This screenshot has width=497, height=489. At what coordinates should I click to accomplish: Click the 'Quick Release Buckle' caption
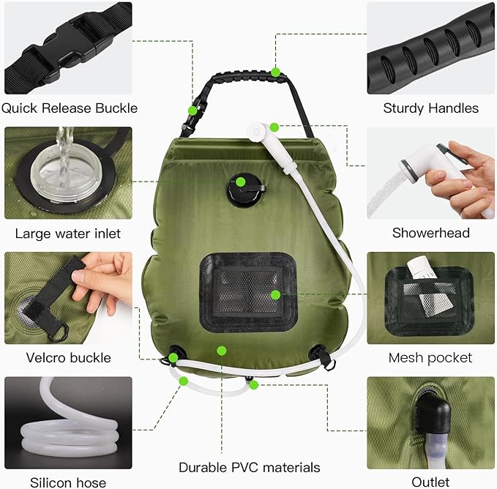(69, 108)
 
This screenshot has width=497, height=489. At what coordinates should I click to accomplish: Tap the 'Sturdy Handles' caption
(430, 108)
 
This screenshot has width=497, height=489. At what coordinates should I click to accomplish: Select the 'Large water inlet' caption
(68, 234)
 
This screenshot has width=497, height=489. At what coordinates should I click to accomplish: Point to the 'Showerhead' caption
(430, 234)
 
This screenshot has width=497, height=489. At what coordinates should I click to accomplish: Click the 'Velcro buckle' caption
(68, 358)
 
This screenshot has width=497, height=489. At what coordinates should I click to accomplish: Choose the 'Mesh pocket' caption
(430, 358)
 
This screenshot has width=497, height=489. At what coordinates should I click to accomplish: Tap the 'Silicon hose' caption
(68, 482)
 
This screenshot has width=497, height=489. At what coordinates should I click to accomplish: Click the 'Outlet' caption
(430, 482)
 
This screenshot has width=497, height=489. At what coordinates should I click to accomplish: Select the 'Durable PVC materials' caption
(249, 467)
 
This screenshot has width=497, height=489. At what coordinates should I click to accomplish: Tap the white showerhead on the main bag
(258, 134)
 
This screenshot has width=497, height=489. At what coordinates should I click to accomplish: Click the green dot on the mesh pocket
(275, 294)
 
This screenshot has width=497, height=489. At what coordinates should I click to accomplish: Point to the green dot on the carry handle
(275, 72)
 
